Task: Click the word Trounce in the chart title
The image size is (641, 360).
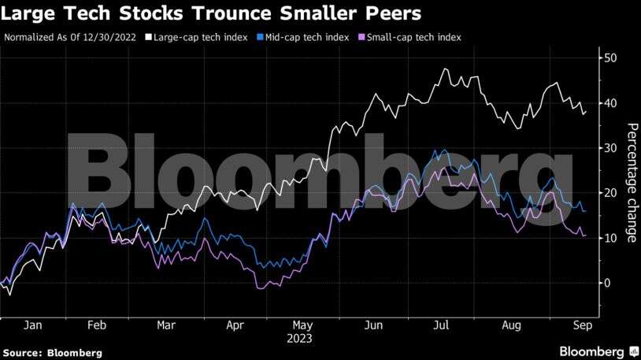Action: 232,13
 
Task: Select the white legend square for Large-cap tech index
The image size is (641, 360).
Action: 148,37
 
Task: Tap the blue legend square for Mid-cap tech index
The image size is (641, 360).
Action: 260,37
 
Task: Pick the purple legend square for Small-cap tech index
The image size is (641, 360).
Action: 361,37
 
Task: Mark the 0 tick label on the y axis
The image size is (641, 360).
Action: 607,283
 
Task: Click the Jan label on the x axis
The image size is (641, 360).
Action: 32,325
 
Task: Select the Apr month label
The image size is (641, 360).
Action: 235,325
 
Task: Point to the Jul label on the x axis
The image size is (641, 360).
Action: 441,325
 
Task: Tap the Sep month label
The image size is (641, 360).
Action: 583,325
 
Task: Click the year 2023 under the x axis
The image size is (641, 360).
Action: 299,339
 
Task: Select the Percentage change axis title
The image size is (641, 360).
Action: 632,183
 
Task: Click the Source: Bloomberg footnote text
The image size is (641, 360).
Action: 52,353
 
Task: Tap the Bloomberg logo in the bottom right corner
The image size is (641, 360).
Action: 598,351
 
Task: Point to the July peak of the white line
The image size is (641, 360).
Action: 445,69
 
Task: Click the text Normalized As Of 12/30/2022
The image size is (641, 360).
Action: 70,37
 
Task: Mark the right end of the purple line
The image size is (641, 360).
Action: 585,236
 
